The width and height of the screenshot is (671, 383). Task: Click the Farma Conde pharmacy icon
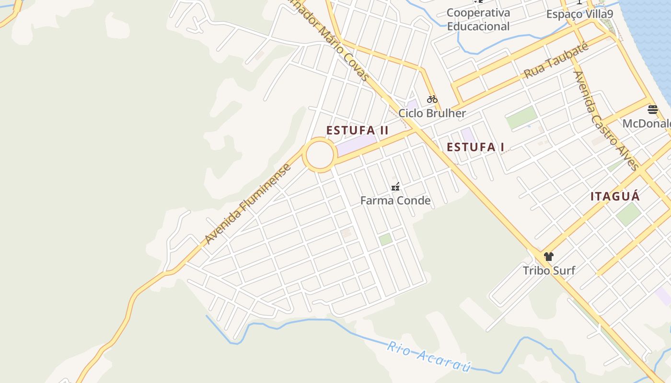(x=395, y=186)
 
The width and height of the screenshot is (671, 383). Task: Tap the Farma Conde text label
(x=395, y=200)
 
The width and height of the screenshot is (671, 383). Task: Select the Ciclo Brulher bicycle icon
(x=432, y=99)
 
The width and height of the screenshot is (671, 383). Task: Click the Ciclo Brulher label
(x=432, y=113)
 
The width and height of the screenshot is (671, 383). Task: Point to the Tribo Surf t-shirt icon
(x=549, y=257)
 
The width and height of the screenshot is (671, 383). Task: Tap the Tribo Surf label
(x=549, y=270)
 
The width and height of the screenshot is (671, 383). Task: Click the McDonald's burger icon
(x=653, y=110)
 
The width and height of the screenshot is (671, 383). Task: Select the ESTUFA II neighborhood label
(x=357, y=130)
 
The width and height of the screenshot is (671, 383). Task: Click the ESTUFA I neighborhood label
(x=475, y=147)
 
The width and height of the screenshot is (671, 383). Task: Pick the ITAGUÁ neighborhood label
(x=615, y=196)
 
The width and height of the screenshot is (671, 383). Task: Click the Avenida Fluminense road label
(x=248, y=204)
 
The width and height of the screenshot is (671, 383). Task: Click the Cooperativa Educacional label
(x=478, y=19)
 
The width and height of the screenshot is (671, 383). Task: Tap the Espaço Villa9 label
(x=579, y=14)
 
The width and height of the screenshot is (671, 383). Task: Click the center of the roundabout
(x=320, y=155)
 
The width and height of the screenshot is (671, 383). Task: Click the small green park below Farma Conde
(x=385, y=239)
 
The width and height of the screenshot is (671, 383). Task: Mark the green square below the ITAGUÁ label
(x=628, y=214)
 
